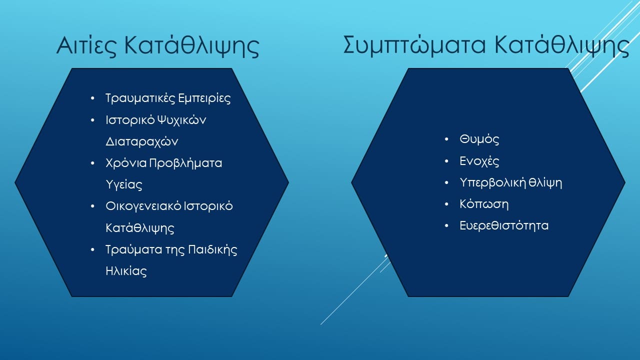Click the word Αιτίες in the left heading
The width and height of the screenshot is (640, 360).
86,45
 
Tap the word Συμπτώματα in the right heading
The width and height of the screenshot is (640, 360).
414,45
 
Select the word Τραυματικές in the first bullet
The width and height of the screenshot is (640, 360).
140,98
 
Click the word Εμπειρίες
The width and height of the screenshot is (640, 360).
204,98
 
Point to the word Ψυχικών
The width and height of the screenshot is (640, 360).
181,120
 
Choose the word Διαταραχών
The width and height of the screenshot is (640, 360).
141,141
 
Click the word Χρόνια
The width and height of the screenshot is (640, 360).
126,163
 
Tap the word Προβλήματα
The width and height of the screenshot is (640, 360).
185,163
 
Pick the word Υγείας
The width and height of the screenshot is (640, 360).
124,184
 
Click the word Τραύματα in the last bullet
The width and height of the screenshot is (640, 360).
133,249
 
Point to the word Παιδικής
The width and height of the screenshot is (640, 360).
212,249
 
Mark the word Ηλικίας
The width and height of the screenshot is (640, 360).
126,271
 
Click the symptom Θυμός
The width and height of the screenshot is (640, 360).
479,139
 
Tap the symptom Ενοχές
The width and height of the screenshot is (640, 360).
479,161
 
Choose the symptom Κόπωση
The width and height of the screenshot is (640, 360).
484,204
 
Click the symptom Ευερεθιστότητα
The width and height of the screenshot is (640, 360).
504,225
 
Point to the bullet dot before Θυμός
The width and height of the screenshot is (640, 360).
446,139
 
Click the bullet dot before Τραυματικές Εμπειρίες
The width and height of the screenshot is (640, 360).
92,98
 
